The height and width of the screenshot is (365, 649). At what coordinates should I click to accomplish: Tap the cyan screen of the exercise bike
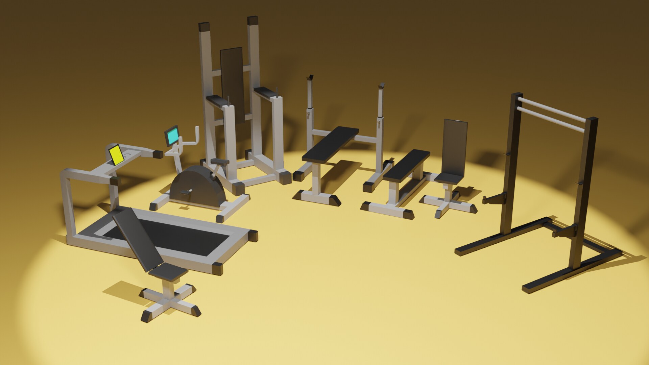pyautogui.click(x=172, y=135)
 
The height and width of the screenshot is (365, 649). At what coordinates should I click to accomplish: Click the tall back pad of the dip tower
pyautogui.click(x=232, y=84)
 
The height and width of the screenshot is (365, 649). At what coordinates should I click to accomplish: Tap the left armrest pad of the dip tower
pyautogui.click(x=217, y=100)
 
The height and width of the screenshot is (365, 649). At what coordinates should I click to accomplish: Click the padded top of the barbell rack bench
pyautogui.click(x=331, y=144)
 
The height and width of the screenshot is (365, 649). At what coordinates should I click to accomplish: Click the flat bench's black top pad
pyautogui.click(x=407, y=164)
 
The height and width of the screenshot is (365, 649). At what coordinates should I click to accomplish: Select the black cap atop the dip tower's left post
pyautogui.click(x=204, y=26)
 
